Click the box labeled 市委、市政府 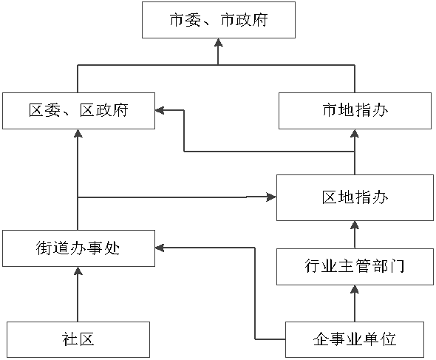pos(219,20)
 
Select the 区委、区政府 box pos(78,111)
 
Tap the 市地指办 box pos(355,111)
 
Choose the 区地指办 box pos(355,197)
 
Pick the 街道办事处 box pos(78,248)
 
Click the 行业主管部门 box pos(355,267)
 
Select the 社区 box pos(78,339)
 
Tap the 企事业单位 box pos(355,339)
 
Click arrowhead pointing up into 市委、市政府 pos(218,42)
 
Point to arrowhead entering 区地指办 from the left pos(272,197)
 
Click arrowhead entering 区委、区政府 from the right pos(160,110)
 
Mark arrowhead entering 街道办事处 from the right pos(160,248)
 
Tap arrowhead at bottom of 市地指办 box pos(355,133)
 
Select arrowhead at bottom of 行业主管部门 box pos(355,289)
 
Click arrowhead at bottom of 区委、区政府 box pos(78,133)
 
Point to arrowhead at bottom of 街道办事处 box pos(78,271)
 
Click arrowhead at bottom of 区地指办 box pos(355,225)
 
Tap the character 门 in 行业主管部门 pos(397,266)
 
